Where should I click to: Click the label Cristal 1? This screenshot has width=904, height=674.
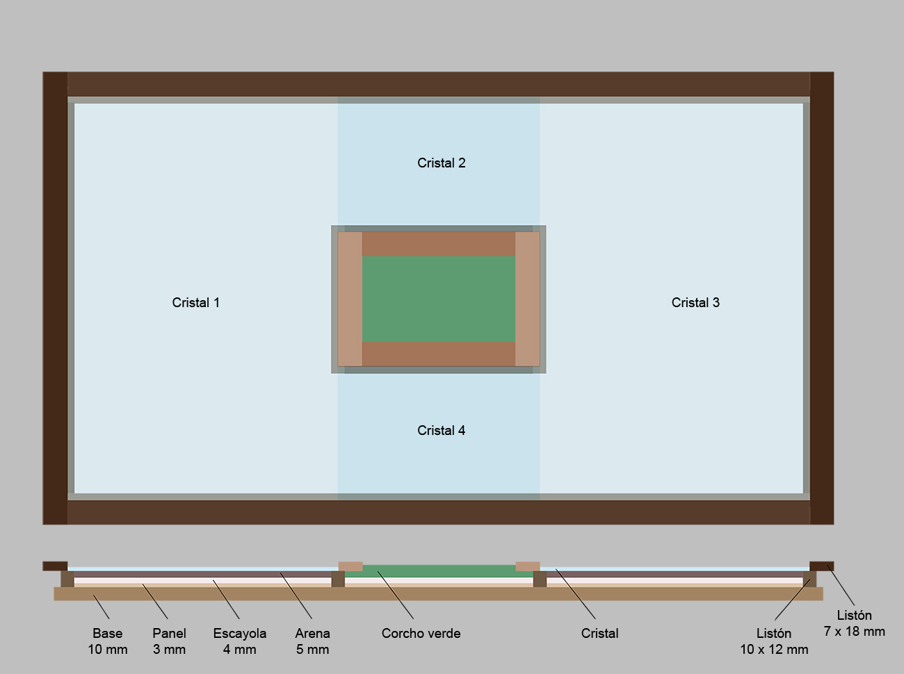click(x=195, y=302)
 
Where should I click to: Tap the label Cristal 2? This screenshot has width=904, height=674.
click(x=441, y=163)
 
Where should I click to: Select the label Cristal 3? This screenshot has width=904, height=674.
click(x=695, y=302)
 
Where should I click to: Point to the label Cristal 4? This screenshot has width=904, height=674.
click(x=441, y=430)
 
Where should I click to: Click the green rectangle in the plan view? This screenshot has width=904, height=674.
click(x=439, y=299)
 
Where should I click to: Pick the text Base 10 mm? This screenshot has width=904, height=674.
click(x=108, y=641)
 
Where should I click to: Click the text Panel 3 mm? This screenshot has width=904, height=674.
click(x=169, y=641)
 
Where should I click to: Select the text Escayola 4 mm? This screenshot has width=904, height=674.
click(x=240, y=641)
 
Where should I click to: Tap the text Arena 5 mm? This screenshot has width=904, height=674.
click(x=312, y=641)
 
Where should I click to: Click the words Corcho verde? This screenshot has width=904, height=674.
click(x=421, y=633)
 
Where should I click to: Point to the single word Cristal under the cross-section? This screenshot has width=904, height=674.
click(x=599, y=633)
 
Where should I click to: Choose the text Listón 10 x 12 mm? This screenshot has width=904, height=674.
click(x=774, y=641)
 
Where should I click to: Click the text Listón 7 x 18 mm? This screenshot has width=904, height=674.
click(x=854, y=623)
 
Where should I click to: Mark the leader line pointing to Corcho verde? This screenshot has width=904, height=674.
click(x=396, y=595)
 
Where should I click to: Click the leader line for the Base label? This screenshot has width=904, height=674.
click(x=102, y=607)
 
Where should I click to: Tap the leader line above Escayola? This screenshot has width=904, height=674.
click(x=226, y=600)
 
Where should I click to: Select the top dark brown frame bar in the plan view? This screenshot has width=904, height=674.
click(x=439, y=84)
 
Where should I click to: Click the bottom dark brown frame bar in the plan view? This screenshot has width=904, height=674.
click(x=439, y=512)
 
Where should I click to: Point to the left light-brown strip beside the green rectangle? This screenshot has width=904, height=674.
click(x=350, y=299)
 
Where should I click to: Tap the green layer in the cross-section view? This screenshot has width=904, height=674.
click(x=439, y=571)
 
